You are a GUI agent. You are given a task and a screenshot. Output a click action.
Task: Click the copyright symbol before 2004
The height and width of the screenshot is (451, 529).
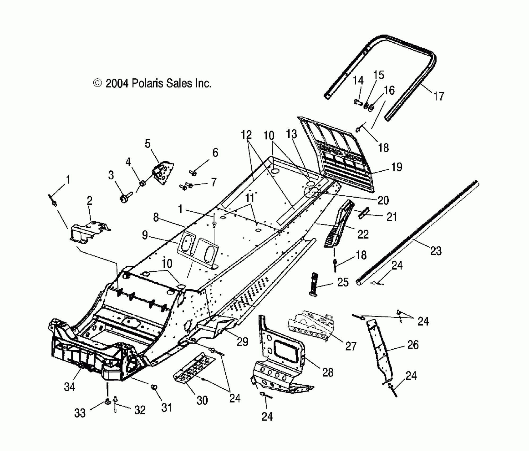97,83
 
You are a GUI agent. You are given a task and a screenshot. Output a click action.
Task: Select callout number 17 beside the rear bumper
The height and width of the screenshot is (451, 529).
439,96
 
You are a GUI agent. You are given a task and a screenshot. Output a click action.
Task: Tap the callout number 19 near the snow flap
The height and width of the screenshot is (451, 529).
397,167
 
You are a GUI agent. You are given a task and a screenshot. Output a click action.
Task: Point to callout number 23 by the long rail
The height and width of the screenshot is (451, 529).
436,251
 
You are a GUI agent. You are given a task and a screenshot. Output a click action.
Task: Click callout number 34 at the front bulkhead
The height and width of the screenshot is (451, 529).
70,387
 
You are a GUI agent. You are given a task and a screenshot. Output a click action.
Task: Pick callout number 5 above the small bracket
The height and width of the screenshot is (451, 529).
148,144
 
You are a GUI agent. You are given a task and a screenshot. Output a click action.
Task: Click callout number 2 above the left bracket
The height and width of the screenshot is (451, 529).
90,201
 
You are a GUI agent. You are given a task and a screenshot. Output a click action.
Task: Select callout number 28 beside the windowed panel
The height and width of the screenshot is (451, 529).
328,373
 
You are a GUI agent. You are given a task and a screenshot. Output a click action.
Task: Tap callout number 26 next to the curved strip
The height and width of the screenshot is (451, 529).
413,345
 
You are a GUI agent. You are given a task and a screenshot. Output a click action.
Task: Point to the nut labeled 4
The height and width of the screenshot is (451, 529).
142,183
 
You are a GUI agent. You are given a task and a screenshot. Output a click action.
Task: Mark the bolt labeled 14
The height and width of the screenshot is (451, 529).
358,102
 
